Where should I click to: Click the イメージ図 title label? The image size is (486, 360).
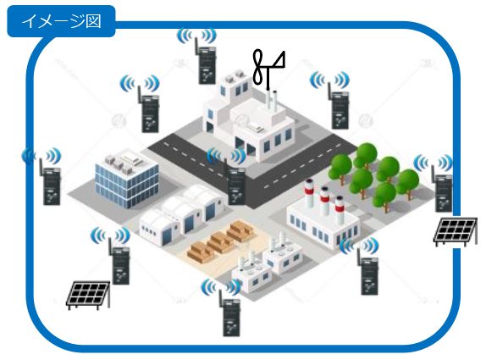click(x=61, y=21)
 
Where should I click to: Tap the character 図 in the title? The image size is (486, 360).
click(x=93, y=22)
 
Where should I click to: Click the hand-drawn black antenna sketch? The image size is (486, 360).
click(x=268, y=69)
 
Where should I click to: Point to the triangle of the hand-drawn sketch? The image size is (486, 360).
click(x=278, y=61)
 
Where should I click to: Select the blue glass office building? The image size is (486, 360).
click(x=126, y=180)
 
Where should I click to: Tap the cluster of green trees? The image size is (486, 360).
click(x=374, y=177)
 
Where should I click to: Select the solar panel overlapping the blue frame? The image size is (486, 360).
click(x=456, y=232)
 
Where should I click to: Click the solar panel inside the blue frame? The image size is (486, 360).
click(x=88, y=295)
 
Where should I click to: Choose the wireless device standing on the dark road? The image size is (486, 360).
click(x=235, y=186)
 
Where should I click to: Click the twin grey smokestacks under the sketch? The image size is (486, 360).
click(x=271, y=101)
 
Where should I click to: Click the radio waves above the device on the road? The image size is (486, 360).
click(x=227, y=155)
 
